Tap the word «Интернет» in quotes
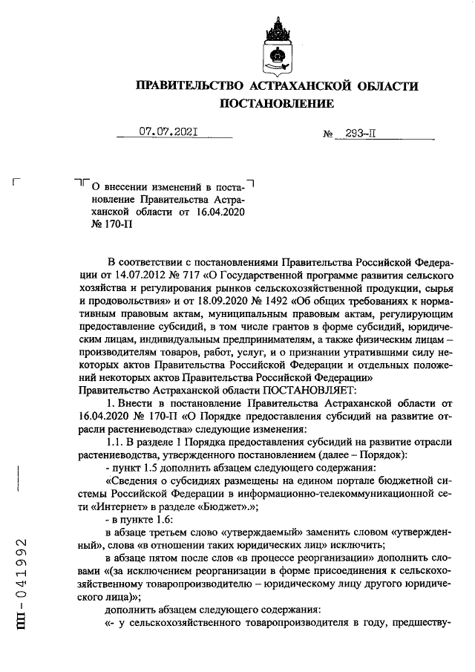click(x=133, y=506)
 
